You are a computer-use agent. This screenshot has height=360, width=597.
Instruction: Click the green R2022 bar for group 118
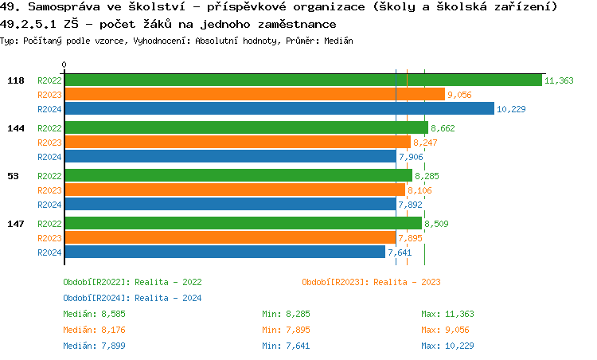(x=302, y=80)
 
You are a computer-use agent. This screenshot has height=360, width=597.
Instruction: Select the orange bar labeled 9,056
(x=254, y=95)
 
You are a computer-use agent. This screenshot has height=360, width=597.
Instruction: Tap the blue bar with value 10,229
(x=279, y=109)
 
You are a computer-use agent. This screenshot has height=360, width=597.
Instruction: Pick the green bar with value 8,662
(x=246, y=128)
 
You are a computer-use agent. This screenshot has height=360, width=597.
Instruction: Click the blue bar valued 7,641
(x=224, y=252)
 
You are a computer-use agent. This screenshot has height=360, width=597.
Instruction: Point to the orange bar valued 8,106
(x=235, y=190)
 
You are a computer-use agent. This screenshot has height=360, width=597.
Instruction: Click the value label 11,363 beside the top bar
(x=559, y=80)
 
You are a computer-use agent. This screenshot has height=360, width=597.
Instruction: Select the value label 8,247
(x=425, y=143)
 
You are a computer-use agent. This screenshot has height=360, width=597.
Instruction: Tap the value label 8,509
(x=436, y=224)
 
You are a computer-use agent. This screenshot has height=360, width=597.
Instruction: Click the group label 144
(x=15, y=128)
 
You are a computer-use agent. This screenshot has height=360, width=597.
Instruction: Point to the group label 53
(x=13, y=176)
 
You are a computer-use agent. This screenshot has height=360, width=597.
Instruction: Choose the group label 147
(x=15, y=224)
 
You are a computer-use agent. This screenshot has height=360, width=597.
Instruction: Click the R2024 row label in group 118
(x=49, y=109)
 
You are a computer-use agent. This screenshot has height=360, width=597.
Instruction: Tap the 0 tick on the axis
(x=64, y=65)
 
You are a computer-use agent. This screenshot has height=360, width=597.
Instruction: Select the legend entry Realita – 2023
(x=372, y=282)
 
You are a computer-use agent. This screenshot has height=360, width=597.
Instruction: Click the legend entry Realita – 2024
(x=132, y=298)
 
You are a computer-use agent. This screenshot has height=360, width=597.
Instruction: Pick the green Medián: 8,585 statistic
(x=94, y=314)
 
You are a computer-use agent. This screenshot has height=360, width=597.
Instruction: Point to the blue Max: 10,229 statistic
(x=447, y=346)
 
